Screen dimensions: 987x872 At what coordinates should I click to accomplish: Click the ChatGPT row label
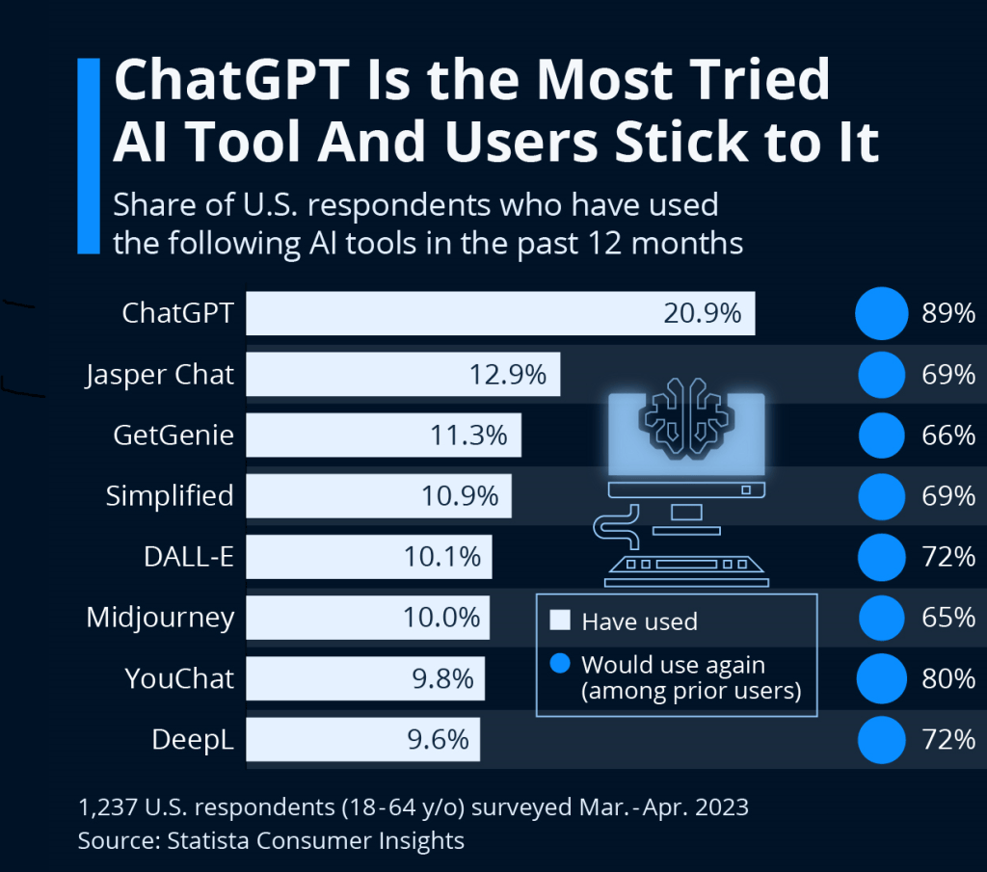click(x=177, y=313)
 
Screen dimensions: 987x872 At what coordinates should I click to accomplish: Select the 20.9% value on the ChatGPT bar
click(x=703, y=313)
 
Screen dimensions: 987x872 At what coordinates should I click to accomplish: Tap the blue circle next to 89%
click(x=881, y=313)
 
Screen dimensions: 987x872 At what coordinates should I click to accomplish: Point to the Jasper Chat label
click(x=160, y=375)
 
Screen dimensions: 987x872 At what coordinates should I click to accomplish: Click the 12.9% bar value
click(x=508, y=375)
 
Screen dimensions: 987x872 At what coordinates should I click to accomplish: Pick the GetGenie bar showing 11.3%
click(x=384, y=436)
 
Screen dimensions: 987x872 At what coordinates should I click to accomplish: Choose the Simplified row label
click(x=170, y=496)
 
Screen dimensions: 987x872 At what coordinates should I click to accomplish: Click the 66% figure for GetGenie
click(x=948, y=436)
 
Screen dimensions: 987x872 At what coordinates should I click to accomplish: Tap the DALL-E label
click(x=189, y=557)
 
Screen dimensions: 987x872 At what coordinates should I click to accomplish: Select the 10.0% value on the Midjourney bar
click(x=441, y=618)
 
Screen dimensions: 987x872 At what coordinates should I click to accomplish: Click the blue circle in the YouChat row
click(x=881, y=678)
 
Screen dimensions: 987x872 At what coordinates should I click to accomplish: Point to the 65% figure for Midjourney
click(x=948, y=618)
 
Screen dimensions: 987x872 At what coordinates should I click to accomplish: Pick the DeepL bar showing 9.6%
click(x=362, y=739)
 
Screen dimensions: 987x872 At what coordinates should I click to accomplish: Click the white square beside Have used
click(x=560, y=620)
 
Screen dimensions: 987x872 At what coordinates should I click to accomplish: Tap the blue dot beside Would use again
click(x=560, y=663)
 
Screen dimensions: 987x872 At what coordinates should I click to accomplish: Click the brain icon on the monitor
click(x=686, y=416)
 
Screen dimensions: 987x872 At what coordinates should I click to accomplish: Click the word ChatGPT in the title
click(x=231, y=80)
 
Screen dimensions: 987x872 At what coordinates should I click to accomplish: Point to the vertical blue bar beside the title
click(x=89, y=156)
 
